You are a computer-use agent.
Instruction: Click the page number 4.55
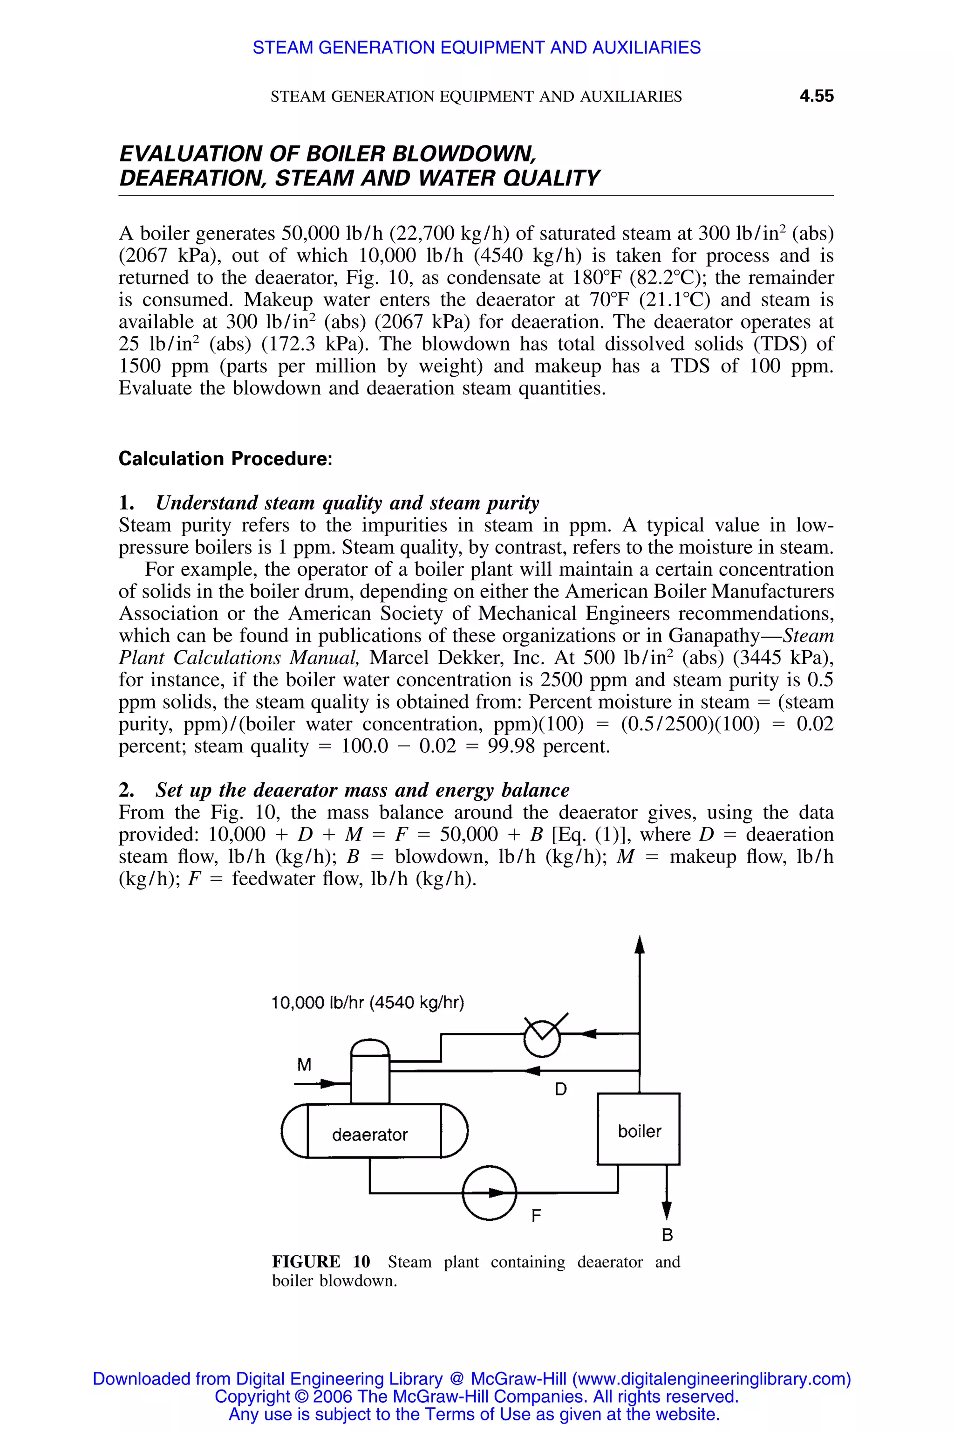(x=816, y=96)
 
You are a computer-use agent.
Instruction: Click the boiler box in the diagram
(x=638, y=1129)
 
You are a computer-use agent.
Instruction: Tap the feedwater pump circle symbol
(x=489, y=1193)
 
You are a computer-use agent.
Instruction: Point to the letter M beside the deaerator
(x=304, y=1065)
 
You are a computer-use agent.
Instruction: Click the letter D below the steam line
(x=560, y=1090)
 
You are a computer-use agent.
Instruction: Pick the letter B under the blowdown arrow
(x=667, y=1235)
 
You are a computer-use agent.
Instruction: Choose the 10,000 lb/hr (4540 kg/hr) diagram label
(x=368, y=1002)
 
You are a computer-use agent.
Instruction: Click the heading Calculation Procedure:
(x=225, y=459)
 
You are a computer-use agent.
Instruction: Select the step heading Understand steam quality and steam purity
(x=347, y=503)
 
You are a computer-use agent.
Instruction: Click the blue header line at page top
(x=477, y=48)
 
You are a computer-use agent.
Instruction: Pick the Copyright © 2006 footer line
(x=477, y=1397)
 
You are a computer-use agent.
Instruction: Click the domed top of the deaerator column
(x=370, y=1047)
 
